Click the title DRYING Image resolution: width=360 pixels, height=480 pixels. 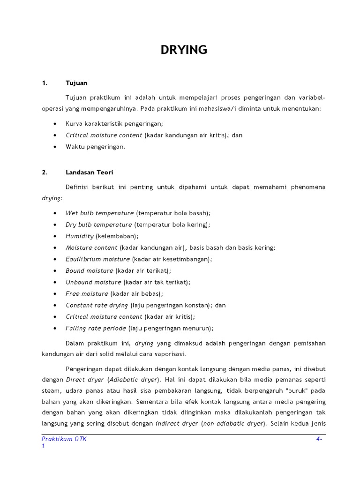tap(184, 50)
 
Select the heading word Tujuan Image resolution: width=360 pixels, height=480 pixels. tap(76, 83)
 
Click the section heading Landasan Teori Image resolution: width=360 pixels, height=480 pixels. tap(89, 172)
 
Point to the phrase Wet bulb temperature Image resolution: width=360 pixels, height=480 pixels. tap(99, 213)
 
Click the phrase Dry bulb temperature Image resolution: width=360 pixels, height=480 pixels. tap(99, 225)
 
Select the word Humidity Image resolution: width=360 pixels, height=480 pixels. tap(80, 236)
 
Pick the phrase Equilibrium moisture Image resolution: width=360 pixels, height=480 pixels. tap(97, 259)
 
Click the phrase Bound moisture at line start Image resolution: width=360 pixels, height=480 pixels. tap(89, 270)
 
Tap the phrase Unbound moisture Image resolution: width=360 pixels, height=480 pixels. tap(93, 282)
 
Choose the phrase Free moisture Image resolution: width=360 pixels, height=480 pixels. tap(87, 293)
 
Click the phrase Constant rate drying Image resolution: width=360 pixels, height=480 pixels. tap(97, 305)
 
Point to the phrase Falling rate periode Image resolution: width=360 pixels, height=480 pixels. tap(96, 328)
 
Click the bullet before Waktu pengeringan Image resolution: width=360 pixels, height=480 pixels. tap(55, 147)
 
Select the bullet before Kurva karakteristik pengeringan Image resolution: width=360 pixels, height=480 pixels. tap(55, 124)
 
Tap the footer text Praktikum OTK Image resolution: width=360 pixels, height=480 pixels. tap(64, 439)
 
